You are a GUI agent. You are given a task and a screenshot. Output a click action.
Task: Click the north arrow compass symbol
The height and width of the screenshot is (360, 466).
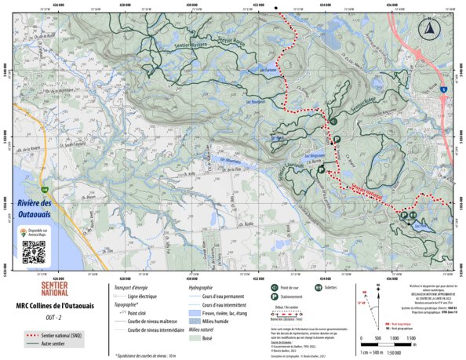tap(429, 31)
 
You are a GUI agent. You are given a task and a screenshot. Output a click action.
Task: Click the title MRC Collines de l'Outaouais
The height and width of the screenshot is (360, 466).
tap(49, 305)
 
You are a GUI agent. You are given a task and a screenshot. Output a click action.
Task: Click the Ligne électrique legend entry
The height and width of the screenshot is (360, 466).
tap(142, 296)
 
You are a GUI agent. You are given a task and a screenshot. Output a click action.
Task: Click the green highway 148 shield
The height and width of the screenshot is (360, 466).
tap(46, 190)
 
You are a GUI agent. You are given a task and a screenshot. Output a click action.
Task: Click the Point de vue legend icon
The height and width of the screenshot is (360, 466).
tap(275, 289)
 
